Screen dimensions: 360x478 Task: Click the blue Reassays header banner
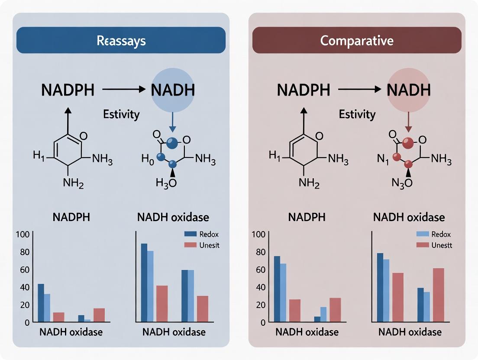point(121,40)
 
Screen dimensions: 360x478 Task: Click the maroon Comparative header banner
point(357,40)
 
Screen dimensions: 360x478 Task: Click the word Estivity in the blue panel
point(121,115)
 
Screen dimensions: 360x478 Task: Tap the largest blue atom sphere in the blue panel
point(172,142)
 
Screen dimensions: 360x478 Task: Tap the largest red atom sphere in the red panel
point(407,142)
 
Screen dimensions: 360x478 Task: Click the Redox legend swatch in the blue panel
point(191,234)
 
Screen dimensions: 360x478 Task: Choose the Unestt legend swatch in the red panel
point(423,245)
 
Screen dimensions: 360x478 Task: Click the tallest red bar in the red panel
point(438,295)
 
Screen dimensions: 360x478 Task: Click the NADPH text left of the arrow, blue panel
point(68,90)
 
